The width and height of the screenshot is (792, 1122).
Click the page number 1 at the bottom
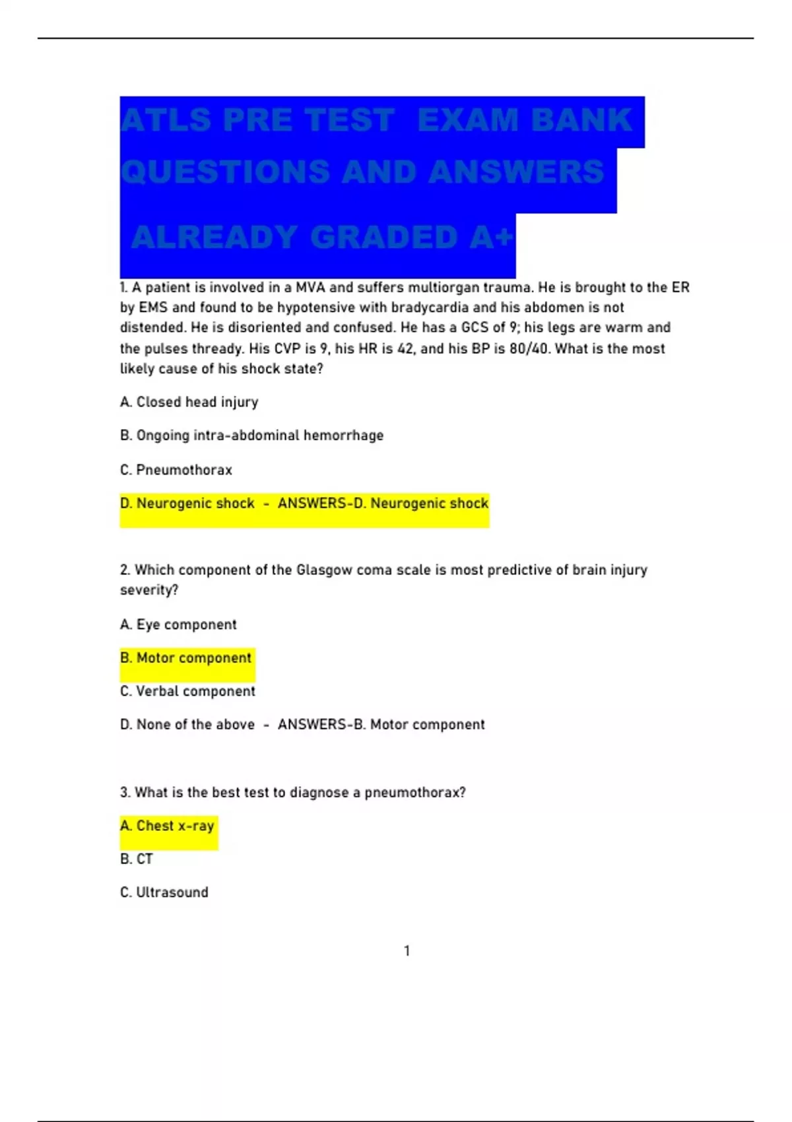(407, 950)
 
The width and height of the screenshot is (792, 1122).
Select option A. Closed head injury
(189, 402)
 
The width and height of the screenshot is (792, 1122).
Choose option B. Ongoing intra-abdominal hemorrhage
(251, 436)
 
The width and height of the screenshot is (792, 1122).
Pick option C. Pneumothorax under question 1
(176, 470)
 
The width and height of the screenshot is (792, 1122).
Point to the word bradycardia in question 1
(430, 308)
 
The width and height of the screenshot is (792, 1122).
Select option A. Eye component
(178, 624)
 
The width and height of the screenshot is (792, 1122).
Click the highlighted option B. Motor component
(185, 658)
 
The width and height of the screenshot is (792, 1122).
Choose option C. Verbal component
(187, 691)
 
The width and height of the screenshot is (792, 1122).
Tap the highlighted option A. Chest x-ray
(167, 826)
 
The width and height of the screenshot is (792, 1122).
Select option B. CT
(137, 859)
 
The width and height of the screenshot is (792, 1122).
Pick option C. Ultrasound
(164, 892)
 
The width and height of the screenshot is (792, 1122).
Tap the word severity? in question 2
(149, 590)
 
